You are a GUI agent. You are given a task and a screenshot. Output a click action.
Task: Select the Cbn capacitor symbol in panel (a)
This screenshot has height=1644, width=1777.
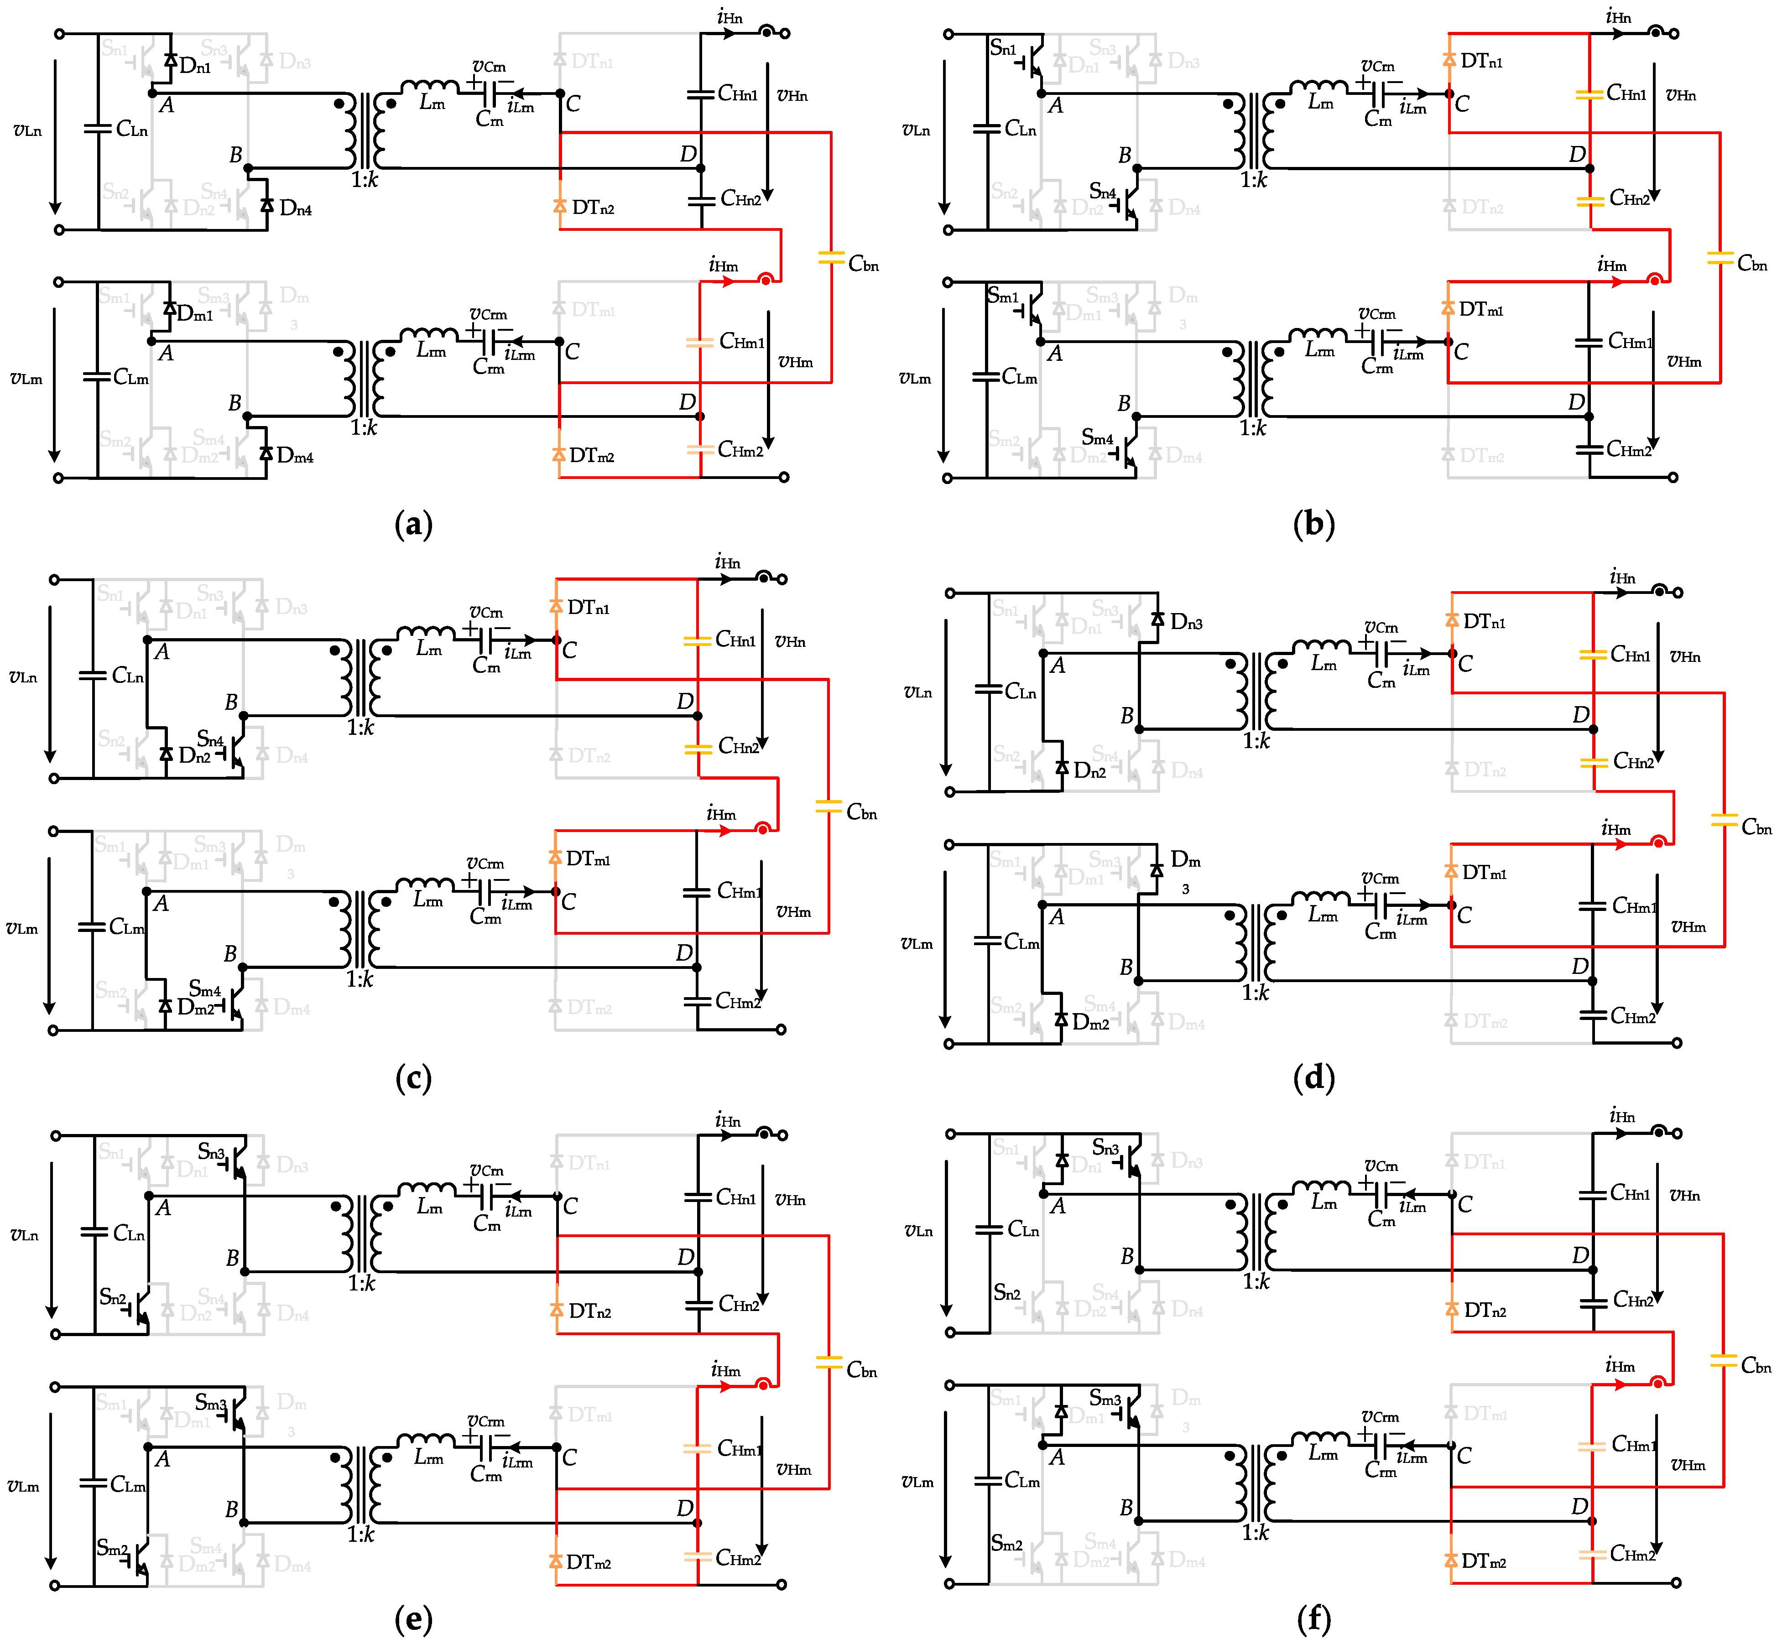830,258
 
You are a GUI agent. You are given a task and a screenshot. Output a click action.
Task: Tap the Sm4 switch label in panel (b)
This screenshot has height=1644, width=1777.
1097,438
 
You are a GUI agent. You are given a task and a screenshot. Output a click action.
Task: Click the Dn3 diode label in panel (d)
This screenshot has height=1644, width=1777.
1186,623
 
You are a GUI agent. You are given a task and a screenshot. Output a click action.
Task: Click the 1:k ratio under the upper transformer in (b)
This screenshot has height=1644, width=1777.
1254,180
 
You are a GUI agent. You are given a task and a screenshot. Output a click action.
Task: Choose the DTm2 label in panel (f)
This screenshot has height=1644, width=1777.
1483,1561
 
